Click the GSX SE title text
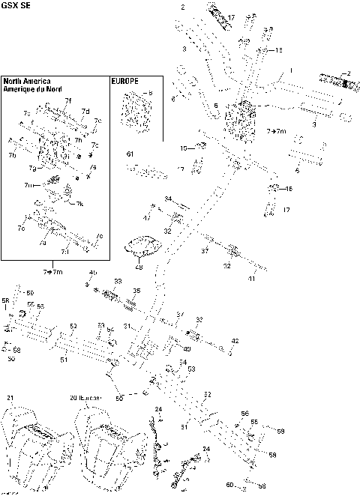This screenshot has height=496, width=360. (16, 5)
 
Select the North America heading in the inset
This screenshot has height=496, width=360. (26, 80)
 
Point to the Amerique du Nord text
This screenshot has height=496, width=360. (31, 88)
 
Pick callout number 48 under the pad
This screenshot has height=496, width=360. (139, 267)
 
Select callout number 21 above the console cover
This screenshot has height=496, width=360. (10, 397)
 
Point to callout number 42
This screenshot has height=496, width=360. (235, 341)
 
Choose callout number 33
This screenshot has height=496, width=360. (117, 281)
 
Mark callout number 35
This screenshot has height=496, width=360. (136, 291)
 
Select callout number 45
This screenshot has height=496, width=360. (93, 271)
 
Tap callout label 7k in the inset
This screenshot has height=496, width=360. (80, 204)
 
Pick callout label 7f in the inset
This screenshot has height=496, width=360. (68, 100)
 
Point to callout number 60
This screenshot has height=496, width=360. (229, 485)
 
